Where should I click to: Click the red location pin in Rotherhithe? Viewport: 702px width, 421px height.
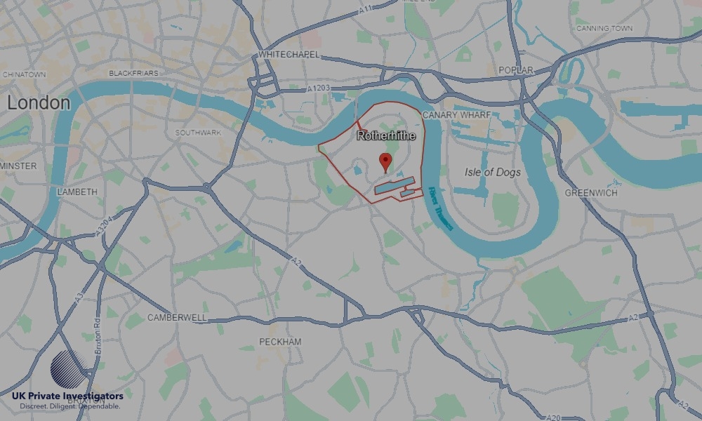tap(385, 161)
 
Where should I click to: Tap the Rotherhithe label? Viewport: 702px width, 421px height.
tap(386, 135)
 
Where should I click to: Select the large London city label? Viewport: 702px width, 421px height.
tap(39, 103)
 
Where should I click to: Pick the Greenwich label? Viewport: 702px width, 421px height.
tap(591, 192)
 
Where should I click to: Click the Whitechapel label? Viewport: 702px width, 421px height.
tap(289, 54)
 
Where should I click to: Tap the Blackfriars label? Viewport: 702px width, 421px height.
tap(133, 73)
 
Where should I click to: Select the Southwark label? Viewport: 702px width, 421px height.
tap(198, 132)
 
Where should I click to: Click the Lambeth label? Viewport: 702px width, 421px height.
tap(77, 192)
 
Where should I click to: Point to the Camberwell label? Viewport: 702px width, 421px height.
tap(177, 317)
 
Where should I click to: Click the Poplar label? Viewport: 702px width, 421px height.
tap(515, 70)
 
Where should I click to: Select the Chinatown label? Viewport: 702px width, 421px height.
tap(24, 74)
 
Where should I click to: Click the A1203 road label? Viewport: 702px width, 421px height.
tap(318, 88)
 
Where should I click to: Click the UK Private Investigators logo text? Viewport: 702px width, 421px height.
tap(67, 396)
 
